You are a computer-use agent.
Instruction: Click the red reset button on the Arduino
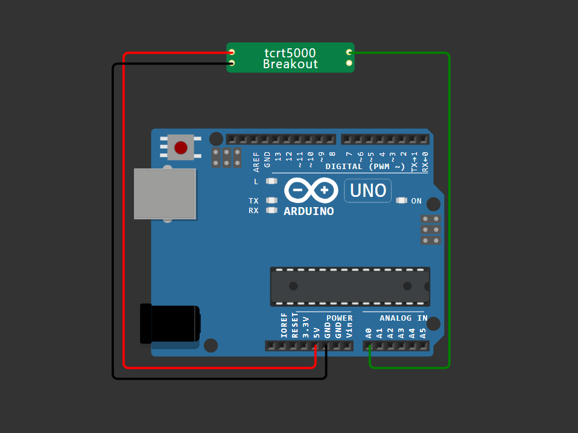coord(180,147)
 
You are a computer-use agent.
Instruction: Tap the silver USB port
coord(165,194)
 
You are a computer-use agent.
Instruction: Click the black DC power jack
coord(170,324)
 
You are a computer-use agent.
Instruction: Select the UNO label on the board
coord(368,191)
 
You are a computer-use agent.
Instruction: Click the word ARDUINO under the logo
coord(308,211)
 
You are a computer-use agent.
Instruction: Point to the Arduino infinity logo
coord(311,190)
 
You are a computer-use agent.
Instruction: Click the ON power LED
coord(401,200)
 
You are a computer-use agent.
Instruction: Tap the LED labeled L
coord(272,181)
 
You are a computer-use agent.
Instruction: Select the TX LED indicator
coord(272,200)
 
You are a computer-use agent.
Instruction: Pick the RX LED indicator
coord(272,210)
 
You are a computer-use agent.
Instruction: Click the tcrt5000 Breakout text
coord(290,58)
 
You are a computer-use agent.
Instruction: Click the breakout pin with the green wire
coord(349,53)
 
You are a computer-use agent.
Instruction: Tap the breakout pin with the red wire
coord(232,52)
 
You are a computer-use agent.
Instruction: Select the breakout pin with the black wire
coord(232,63)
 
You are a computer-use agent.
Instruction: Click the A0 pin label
coord(369,333)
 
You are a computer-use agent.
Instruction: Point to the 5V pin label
coord(317,333)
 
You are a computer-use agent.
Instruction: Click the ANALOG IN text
coord(404,318)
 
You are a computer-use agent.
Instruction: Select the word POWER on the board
coord(340,318)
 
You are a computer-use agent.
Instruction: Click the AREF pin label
coord(256,162)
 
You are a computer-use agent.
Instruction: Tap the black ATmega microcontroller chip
coord(350,287)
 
